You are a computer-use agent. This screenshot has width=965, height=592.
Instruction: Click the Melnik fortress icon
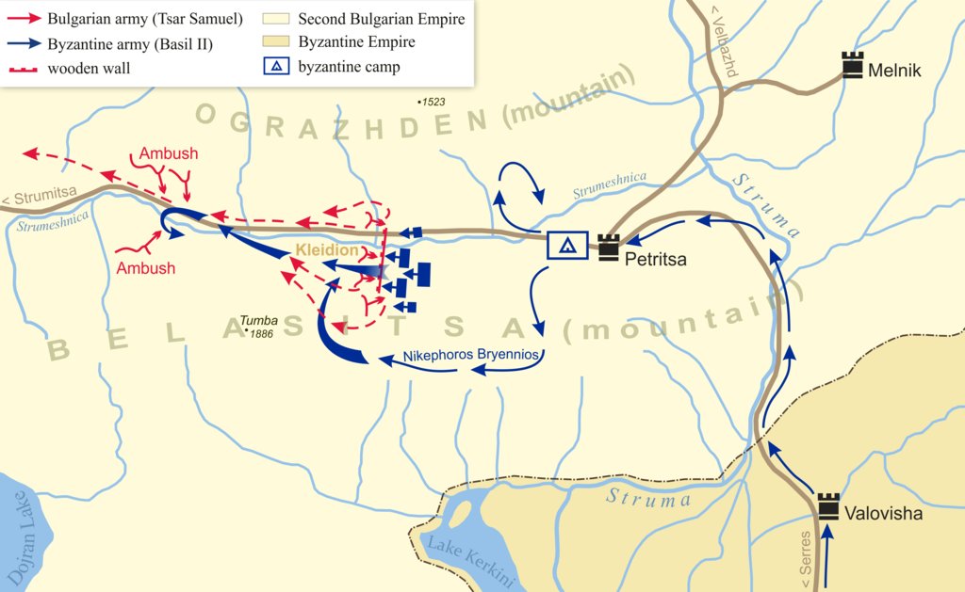click(853, 65)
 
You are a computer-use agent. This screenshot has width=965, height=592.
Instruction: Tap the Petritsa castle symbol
click(608, 248)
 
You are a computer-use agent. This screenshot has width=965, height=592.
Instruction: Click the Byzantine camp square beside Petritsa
click(568, 246)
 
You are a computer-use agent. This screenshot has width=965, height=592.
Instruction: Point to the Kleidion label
click(327, 251)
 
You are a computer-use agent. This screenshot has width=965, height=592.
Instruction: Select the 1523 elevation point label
click(431, 101)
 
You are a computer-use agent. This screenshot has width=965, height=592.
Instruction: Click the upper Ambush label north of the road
click(169, 153)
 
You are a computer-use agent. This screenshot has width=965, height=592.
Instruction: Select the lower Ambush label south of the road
click(146, 268)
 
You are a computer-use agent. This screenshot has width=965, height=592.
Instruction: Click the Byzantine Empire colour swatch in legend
click(276, 42)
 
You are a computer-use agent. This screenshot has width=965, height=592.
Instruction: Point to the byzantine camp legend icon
click(276, 68)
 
